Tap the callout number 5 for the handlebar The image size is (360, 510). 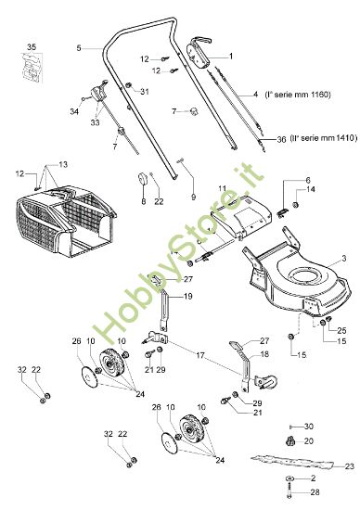[x=81, y=47]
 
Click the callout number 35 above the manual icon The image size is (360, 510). [x=32, y=46]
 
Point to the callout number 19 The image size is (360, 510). [x=187, y=296]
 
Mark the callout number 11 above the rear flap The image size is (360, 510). [x=222, y=189]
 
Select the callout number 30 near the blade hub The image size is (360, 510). [x=311, y=426]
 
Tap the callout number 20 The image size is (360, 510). [x=311, y=440]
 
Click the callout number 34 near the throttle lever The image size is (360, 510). [x=73, y=111]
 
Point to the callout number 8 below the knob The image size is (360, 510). [x=143, y=201]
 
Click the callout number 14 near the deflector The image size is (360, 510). [x=311, y=190]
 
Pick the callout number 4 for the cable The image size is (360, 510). [x=254, y=95]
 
